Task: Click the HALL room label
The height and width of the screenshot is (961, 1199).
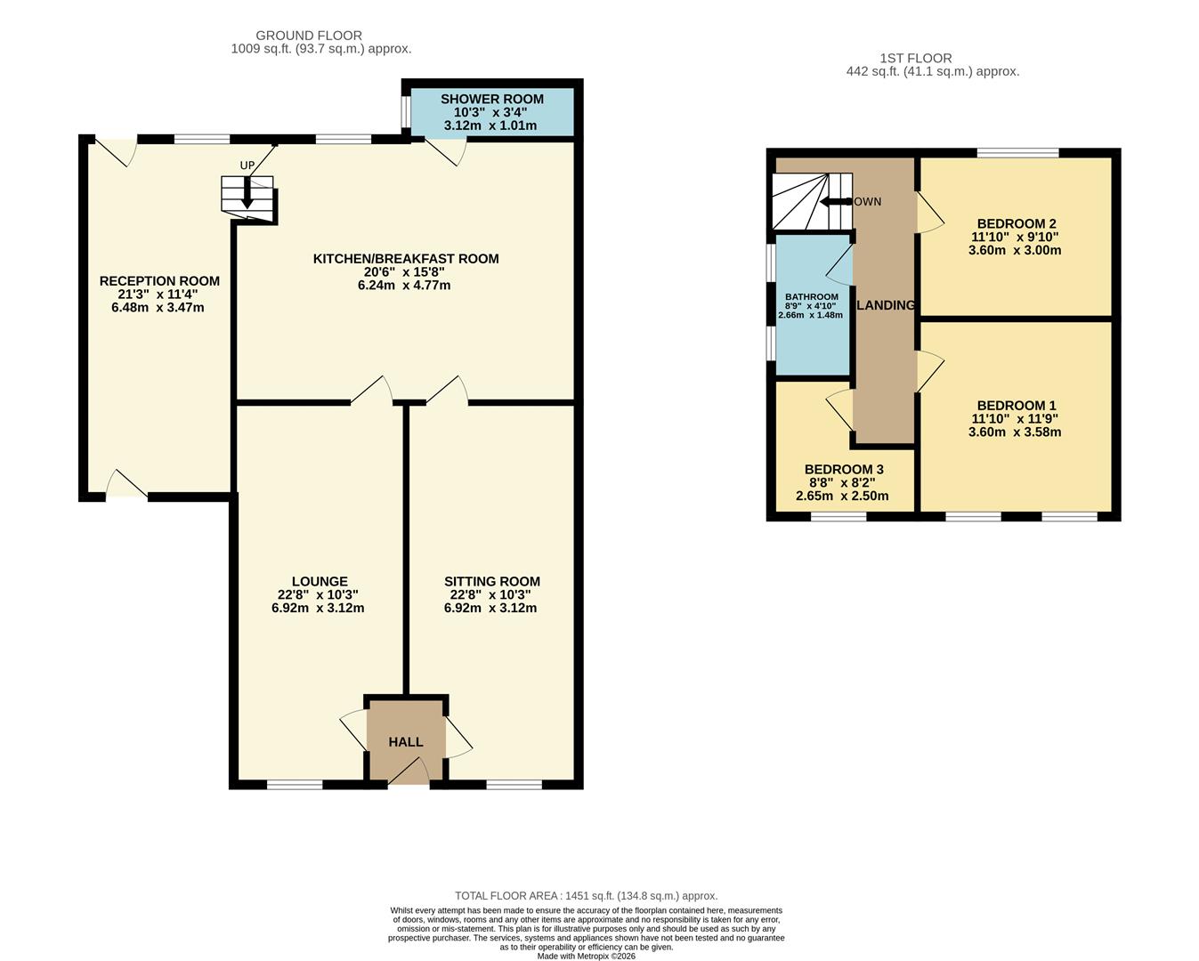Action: click(x=405, y=741)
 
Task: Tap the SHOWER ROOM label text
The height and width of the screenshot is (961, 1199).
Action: click(x=491, y=99)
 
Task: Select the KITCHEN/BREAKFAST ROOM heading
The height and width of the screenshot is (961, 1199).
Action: click(x=405, y=259)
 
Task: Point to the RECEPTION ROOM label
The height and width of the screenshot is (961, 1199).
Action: click(x=159, y=281)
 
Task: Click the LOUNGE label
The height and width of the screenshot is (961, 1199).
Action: click(x=318, y=582)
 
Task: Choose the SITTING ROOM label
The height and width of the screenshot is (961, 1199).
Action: click(x=491, y=582)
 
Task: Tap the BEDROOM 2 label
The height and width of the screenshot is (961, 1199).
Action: click(x=1016, y=224)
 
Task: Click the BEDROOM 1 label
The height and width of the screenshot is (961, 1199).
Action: click(x=1016, y=406)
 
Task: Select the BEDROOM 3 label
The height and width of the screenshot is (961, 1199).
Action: click(x=843, y=470)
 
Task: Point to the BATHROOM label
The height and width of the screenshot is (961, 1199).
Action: click(x=811, y=297)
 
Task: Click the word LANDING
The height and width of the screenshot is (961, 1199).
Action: click(x=886, y=305)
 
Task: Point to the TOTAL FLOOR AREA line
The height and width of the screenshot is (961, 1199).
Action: click(x=586, y=896)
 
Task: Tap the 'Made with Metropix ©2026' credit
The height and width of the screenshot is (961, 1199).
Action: click(x=586, y=957)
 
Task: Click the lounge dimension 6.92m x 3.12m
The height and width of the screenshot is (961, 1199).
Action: click(x=318, y=609)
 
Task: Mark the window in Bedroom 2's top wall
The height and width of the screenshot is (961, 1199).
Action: click(x=1017, y=153)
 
